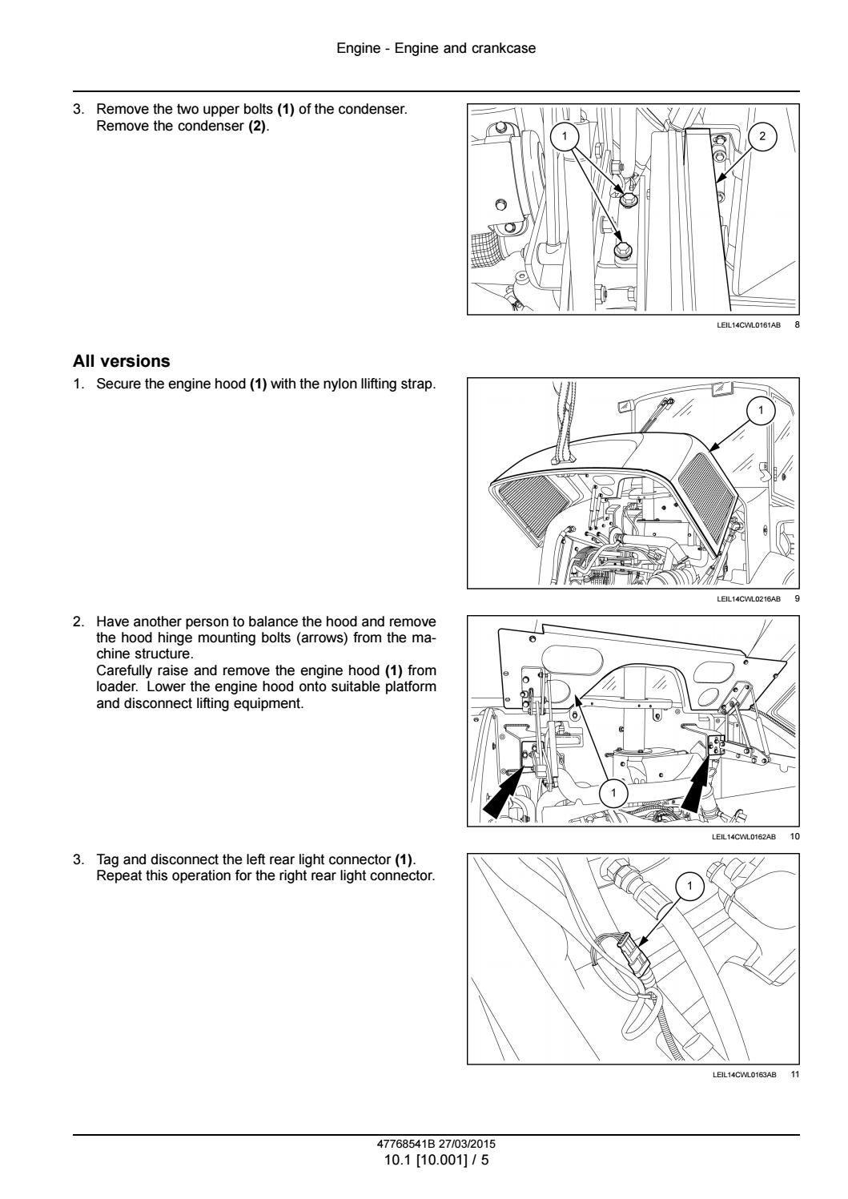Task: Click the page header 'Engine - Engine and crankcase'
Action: (x=436, y=48)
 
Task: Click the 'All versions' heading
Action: (x=121, y=361)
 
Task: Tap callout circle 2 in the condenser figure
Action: (x=762, y=136)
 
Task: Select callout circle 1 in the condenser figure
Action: (x=565, y=136)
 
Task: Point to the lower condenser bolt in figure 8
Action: (x=622, y=250)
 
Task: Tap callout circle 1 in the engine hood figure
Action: (x=761, y=411)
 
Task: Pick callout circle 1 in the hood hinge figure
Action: (x=614, y=793)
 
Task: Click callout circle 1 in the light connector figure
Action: (x=689, y=886)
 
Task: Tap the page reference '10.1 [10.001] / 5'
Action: (x=436, y=1158)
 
